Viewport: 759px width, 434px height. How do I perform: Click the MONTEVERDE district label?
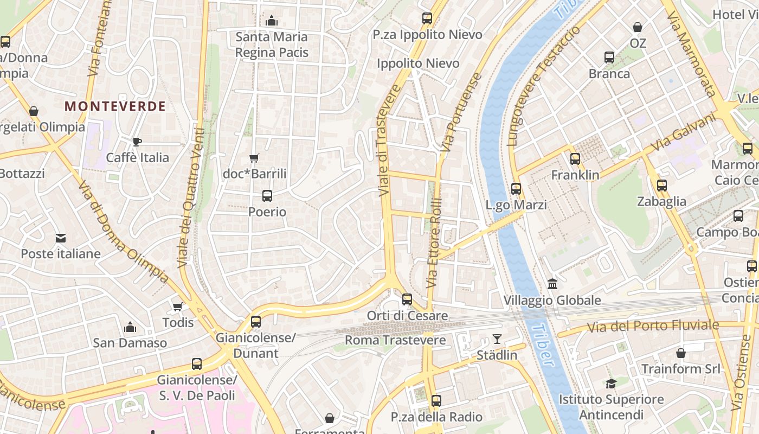click(115, 106)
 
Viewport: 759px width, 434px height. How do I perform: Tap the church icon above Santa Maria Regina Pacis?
click(272, 21)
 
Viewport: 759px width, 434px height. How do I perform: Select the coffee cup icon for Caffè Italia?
click(137, 142)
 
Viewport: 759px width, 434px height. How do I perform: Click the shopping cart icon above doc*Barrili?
click(254, 158)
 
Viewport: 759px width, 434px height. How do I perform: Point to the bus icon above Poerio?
click(267, 196)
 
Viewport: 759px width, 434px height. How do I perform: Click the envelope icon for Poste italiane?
click(60, 238)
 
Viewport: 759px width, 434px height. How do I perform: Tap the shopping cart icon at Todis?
click(177, 307)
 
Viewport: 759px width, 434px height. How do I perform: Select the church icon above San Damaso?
click(130, 327)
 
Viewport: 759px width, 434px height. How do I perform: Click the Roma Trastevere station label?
click(395, 340)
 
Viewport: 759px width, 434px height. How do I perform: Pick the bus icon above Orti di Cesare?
click(407, 299)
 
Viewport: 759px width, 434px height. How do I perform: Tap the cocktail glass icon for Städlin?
click(497, 340)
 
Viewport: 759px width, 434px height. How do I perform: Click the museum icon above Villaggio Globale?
click(552, 284)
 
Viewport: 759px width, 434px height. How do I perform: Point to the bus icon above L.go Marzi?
click(516, 189)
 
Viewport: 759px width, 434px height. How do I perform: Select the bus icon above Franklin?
click(575, 159)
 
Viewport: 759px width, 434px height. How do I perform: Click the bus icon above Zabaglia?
click(661, 186)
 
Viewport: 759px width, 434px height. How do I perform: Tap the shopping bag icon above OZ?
click(638, 27)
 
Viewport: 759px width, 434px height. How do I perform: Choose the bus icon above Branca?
click(609, 58)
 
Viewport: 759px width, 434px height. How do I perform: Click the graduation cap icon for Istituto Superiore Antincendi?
click(611, 384)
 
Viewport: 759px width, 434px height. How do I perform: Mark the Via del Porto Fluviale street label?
click(653, 326)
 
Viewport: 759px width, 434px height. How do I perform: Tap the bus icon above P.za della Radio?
click(436, 401)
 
